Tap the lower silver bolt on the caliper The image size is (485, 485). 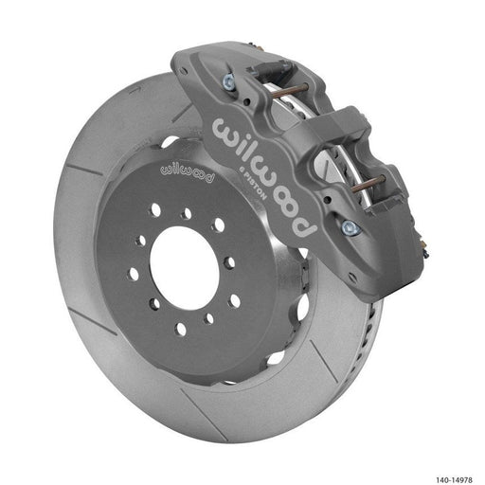(351, 226)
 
